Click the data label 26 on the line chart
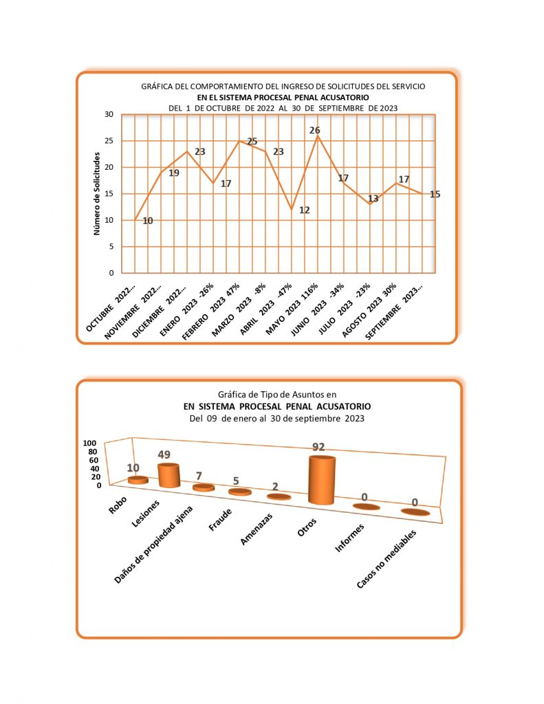tap(315, 131)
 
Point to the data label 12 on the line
tap(304, 210)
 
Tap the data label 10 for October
tap(148, 221)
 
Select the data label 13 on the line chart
tap(373, 199)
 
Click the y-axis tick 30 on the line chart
tap(109, 115)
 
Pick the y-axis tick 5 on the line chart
tap(110, 247)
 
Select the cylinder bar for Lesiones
tap(168, 475)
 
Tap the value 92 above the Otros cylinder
tap(318, 447)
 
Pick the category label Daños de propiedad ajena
tap(155, 545)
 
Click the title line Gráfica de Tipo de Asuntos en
tap(276, 395)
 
